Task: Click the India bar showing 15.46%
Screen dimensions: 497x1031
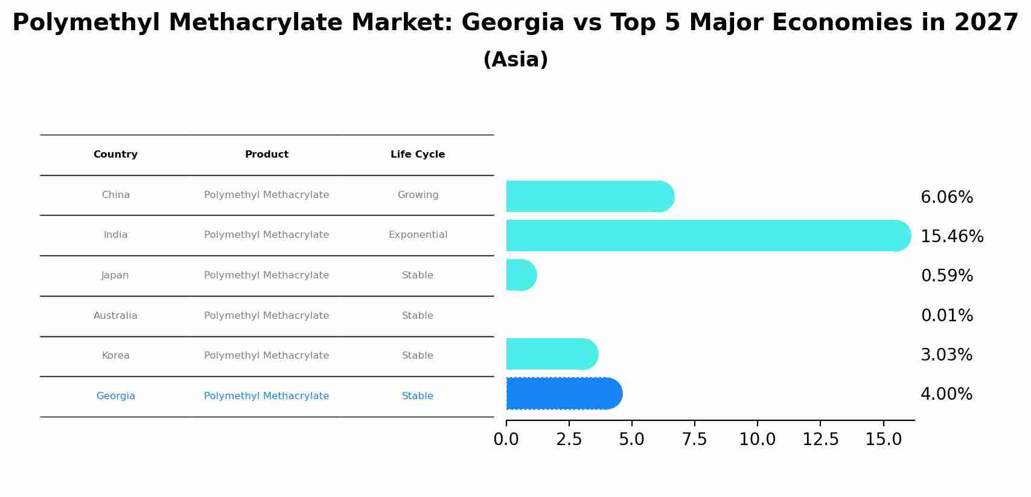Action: pyautogui.click(x=706, y=236)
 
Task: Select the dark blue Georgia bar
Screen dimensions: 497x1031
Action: pyautogui.click(x=563, y=394)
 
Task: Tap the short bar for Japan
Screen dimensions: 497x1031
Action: pyautogui.click(x=521, y=275)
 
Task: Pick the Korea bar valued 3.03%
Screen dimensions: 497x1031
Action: pyautogui.click(x=552, y=354)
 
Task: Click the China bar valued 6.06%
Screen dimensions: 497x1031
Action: pyautogui.click(x=589, y=196)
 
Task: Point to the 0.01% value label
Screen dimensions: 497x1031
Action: pyautogui.click(x=946, y=316)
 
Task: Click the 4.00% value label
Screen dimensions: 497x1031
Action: pyautogui.click(x=946, y=394)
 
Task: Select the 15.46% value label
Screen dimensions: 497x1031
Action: pyautogui.click(x=952, y=237)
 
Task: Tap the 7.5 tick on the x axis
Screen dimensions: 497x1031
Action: pyautogui.click(x=694, y=440)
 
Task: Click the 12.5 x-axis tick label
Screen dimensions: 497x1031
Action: pyautogui.click(x=820, y=440)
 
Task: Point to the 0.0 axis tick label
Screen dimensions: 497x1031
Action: pyautogui.click(x=506, y=440)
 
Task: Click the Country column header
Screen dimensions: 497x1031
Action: pyautogui.click(x=115, y=155)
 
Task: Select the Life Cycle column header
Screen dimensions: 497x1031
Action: pyautogui.click(x=418, y=155)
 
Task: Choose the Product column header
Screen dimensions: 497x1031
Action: pyautogui.click(x=266, y=155)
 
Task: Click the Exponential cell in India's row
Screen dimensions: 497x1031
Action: pyautogui.click(x=418, y=235)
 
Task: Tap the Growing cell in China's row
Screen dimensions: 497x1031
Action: pyautogui.click(x=418, y=195)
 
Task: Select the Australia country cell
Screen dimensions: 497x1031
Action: pyautogui.click(x=115, y=316)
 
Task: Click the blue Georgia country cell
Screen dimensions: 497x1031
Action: pyautogui.click(x=115, y=396)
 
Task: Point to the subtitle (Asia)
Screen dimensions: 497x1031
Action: pyautogui.click(x=515, y=60)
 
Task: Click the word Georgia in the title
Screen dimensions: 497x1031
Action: pyautogui.click(x=512, y=24)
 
